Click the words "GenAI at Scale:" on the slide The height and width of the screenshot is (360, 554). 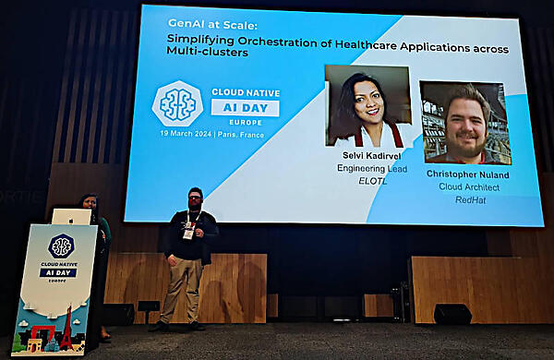[212, 24]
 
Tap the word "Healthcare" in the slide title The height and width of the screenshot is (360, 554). [366, 44]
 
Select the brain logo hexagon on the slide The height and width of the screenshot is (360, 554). [177, 104]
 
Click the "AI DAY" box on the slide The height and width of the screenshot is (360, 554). [246, 108]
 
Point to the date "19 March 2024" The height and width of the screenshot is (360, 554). [186, 134]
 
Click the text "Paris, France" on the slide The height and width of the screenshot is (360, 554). [241, 135]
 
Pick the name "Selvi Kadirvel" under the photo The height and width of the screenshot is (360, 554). [372, 155]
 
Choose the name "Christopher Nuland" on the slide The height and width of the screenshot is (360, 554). [468, 174]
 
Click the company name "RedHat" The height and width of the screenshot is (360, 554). [470, 200]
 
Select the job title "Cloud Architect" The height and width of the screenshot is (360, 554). [469, 186]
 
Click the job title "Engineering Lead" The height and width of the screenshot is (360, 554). [372, 169]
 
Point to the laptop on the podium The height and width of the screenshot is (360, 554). [72, 217]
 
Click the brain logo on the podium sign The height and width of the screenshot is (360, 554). [61, 246]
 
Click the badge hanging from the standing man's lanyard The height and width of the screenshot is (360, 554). [188, 234]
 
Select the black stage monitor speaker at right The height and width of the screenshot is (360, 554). [452, 314]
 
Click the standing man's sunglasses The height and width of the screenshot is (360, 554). [195, 198]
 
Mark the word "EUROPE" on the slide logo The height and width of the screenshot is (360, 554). [246, 123]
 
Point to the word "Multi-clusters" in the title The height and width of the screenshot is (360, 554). [207, 52]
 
